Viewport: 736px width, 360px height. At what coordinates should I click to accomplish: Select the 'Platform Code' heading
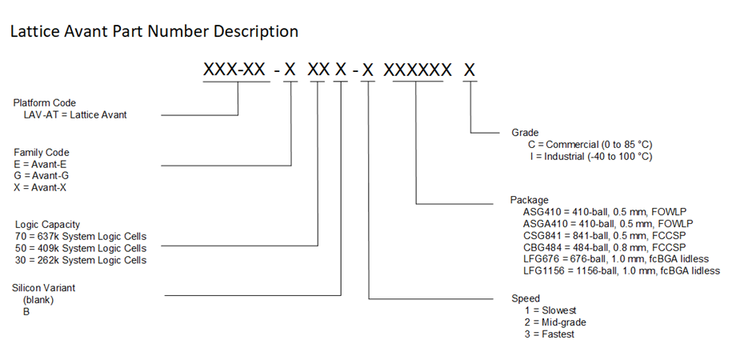(45, 102)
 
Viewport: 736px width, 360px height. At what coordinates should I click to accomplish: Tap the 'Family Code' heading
(42, 152)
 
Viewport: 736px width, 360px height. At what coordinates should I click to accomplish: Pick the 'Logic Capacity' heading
(46, 225)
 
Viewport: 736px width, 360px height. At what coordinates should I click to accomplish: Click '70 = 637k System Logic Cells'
(81, 237)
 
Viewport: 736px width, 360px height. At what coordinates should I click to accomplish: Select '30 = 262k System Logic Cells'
(81, 260)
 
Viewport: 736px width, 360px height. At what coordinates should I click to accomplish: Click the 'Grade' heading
(525, 132)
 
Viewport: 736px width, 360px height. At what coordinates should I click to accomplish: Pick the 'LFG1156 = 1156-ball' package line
(622, 270)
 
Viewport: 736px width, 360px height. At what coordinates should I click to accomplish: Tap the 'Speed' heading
(526, 298)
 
